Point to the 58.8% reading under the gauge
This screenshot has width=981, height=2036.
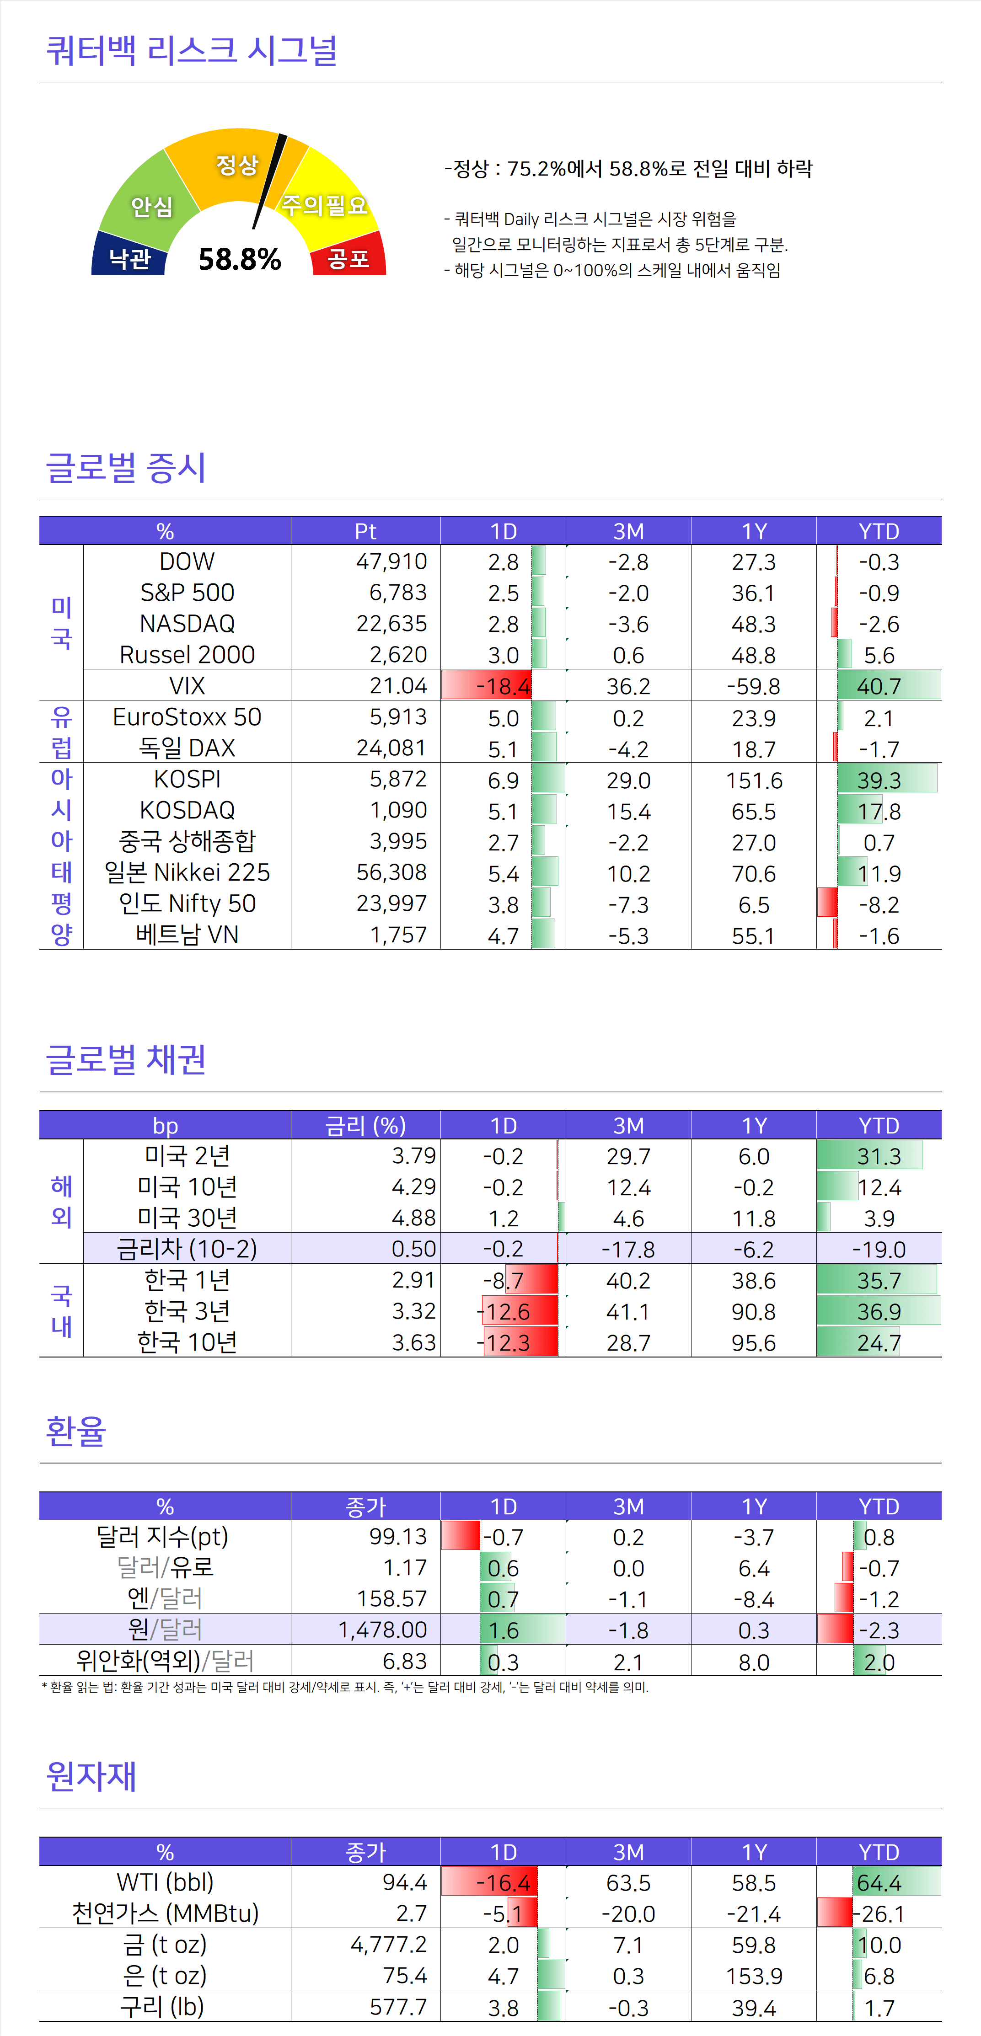(240, 259)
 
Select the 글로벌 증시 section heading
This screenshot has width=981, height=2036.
(127, 467)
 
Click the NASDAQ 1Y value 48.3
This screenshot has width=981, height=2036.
(753, 624)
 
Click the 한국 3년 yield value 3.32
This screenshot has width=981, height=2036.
(413, 1311)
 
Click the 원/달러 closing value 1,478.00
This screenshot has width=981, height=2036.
(383, 1629)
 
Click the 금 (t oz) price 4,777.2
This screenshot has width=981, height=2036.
(388, 1944)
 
